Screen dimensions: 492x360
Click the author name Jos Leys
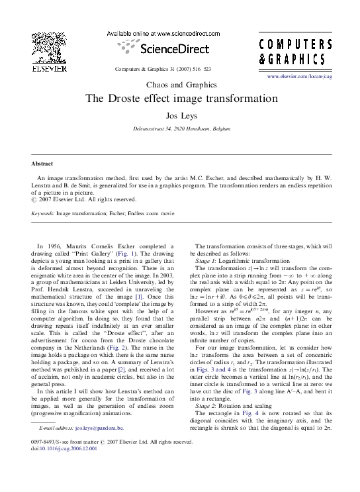click(x=180, y=115)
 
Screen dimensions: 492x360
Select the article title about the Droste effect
click(x=180, y=99)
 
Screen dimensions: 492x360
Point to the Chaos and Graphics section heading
click(x=180, y=85)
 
